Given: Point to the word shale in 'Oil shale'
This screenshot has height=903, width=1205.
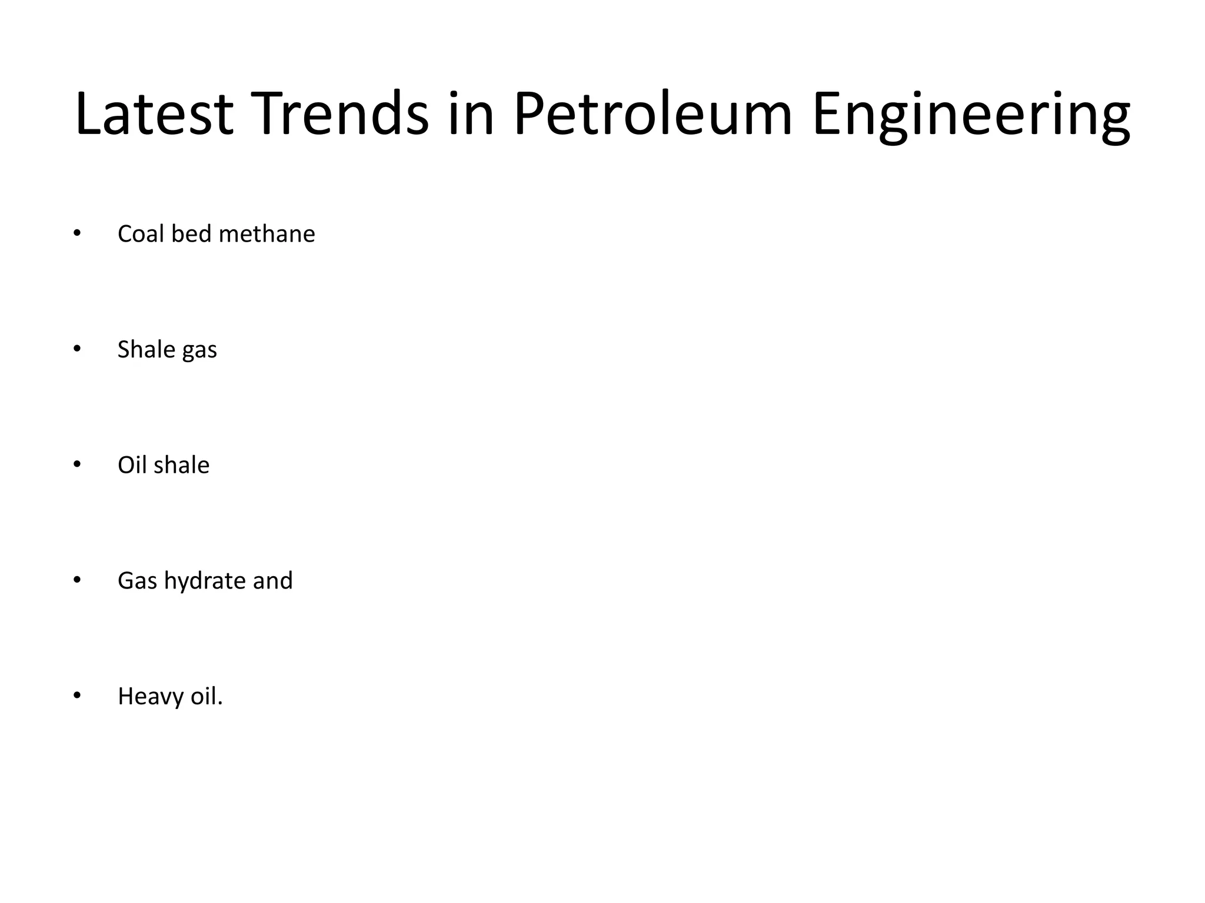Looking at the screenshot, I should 181,465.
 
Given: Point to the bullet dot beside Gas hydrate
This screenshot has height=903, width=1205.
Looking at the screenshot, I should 76,580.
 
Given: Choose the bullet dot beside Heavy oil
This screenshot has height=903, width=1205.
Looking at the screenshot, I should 76,696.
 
